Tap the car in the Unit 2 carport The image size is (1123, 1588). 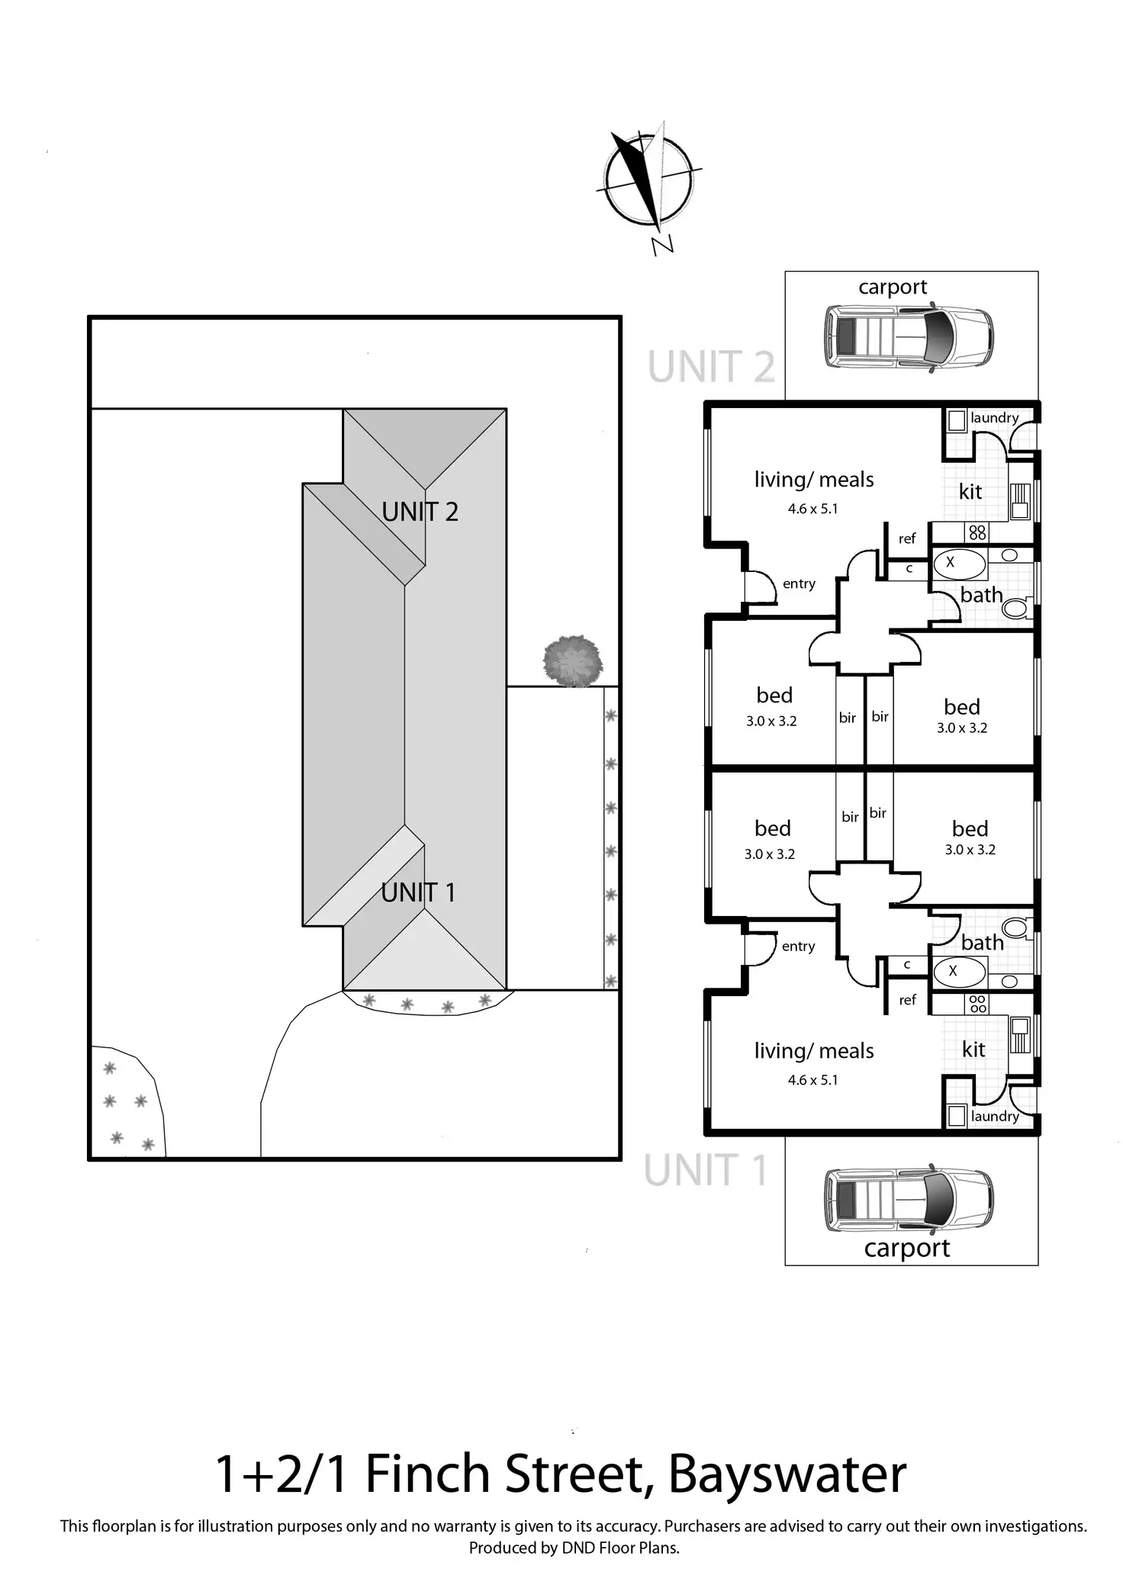[909, 337]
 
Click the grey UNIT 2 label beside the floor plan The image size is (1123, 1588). [711, 367]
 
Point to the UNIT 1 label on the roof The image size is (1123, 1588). [418, 892]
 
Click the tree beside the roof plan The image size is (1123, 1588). [573, 661]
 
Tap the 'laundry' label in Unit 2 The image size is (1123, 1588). [994, 418]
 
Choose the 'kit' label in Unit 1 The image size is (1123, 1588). [973, 1050]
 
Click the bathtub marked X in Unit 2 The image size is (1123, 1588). [959, 564]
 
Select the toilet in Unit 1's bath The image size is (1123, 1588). [1015, 928]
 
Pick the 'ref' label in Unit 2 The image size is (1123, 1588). [907, 538]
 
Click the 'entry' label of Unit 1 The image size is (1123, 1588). [798, 947]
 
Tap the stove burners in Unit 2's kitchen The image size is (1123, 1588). [977, 532]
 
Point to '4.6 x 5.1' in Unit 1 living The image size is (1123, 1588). [812, 1080]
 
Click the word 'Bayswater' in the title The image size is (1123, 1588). [787, 1474]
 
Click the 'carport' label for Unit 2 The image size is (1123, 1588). [893, 288]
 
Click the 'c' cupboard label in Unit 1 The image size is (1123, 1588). [907, 965]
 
